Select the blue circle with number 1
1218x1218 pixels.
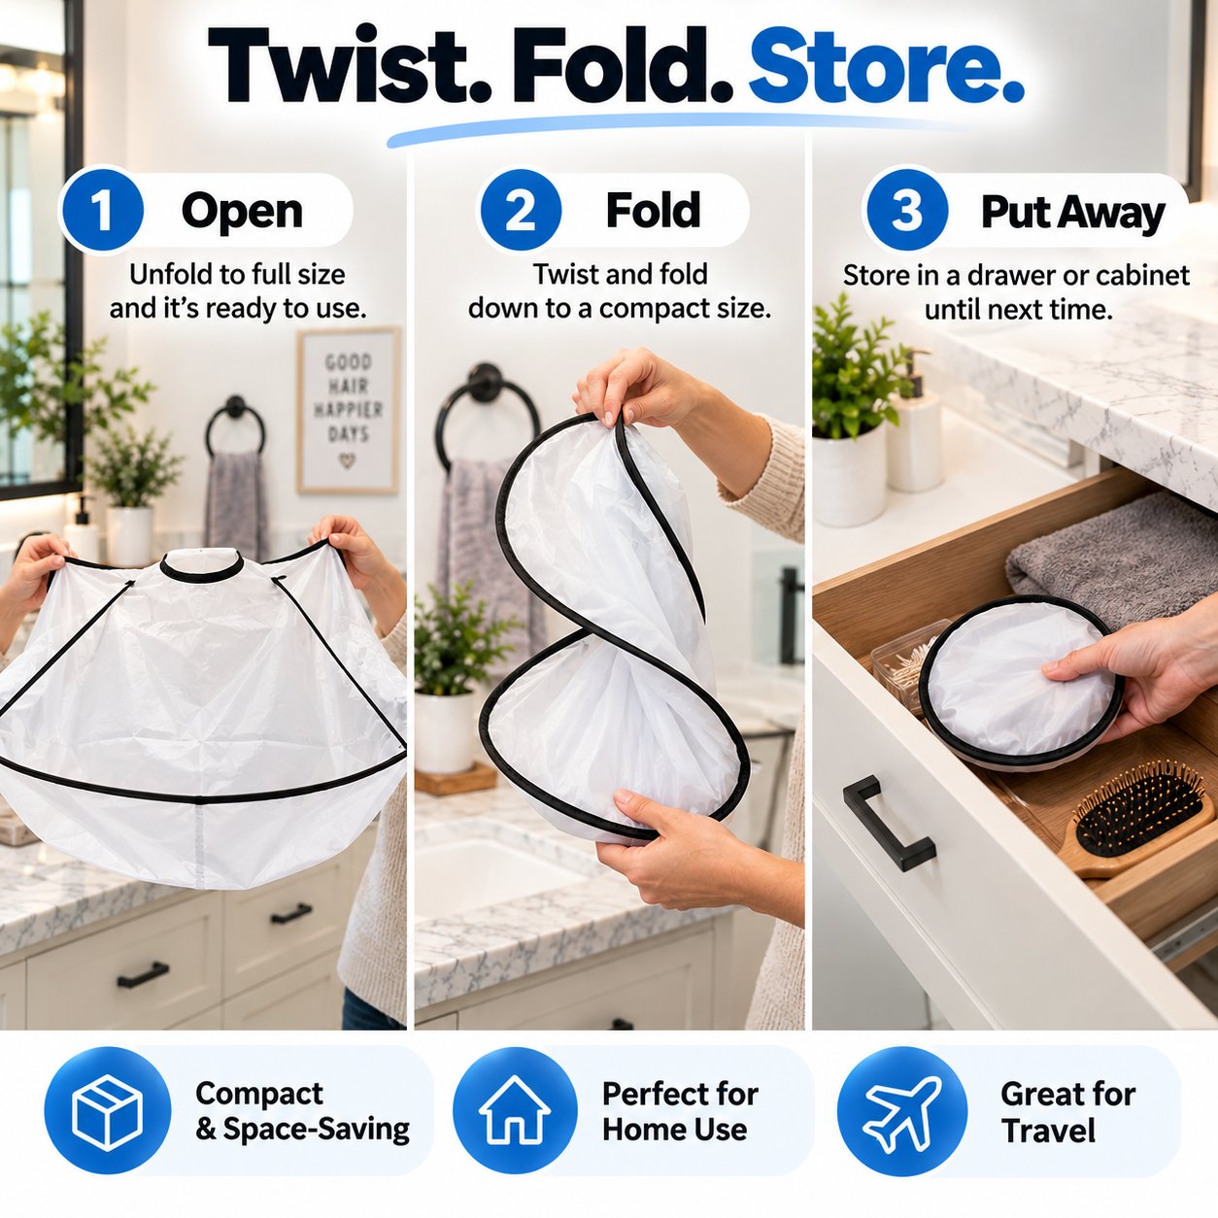coord(102,209)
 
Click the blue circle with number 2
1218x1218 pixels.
coord(521,209)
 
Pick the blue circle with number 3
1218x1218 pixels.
coord(907,209)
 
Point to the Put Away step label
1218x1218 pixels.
coord(1072,213)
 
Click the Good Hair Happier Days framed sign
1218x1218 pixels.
coord(349,410)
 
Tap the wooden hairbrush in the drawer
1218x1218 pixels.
coord(1135,819)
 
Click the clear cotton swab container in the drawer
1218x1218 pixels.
coord(904,660)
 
